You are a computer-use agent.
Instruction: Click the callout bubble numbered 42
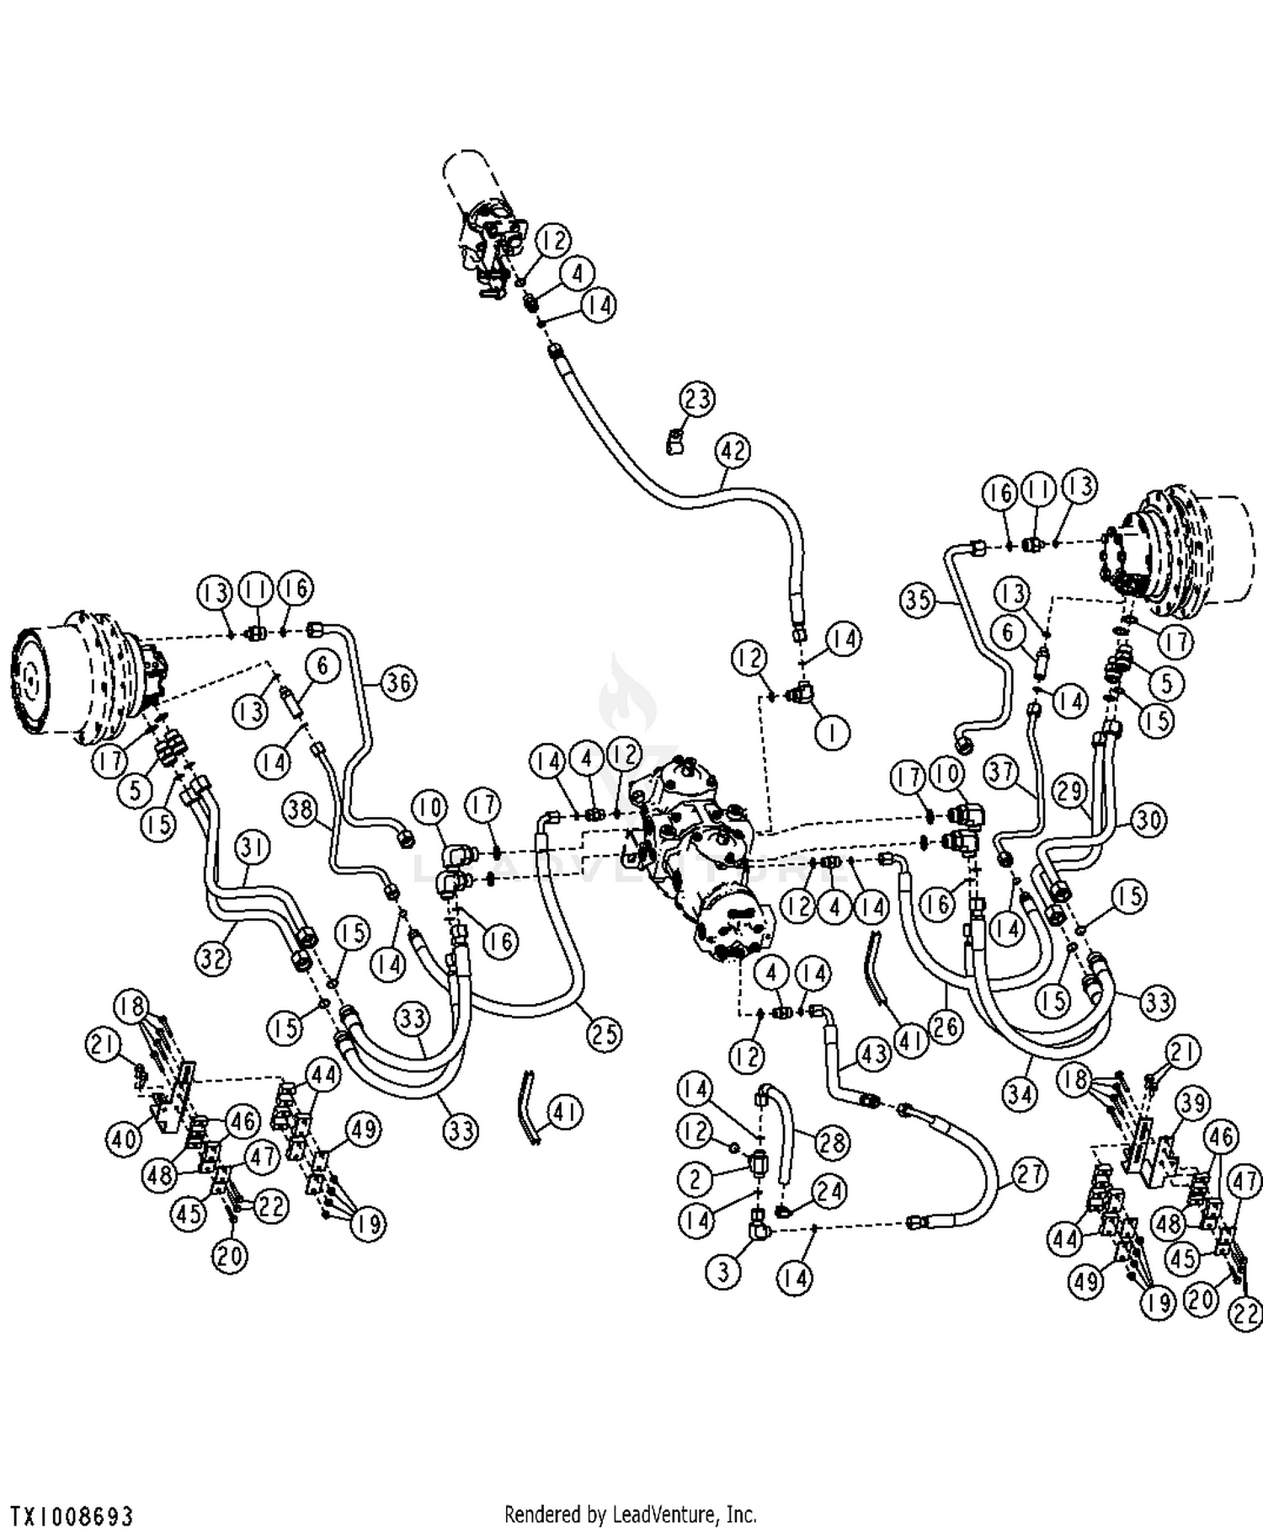pyautogui.click(x=733, y=451)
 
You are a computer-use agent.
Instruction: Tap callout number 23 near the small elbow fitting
pyautogui.click(x=697, y=398)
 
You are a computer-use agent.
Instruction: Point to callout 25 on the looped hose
pyautogui.click(x=604, y=1034)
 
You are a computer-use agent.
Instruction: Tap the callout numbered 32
pyautogui.click(x=214, y=957)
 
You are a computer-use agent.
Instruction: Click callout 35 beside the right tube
pyautogui.click(x=919, y=600)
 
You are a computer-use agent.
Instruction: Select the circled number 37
pyautogui.click(x=1002, y=772)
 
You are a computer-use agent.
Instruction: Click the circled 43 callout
pyautogui.click(x=872, y=1053)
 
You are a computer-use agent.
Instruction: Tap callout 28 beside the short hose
pyautogui.click(x=833, y=1142)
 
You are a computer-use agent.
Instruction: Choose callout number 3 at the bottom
pyautogui.click(x=724, y=1271)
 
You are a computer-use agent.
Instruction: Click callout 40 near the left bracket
pyautogui.click(x=124, y=1140)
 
